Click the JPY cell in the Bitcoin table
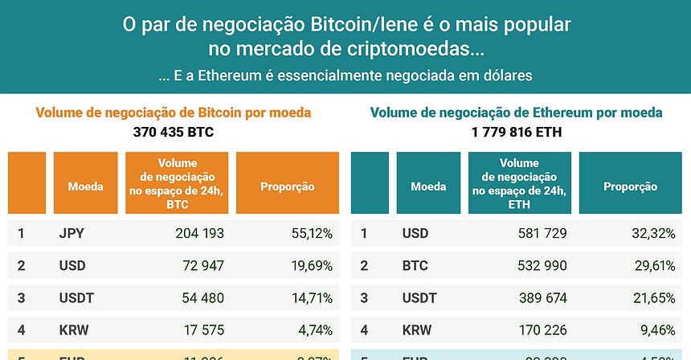pyautogui.click(x=72, y=234)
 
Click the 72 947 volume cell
pyautogui.click(x=203, y=266)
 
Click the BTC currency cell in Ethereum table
pyautogui.click(x=415, y=266)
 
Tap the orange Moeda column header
pyautogui.click(x=85, y=186)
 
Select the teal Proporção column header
pyautogui.click(x=630, y=186)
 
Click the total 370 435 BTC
pyautogui.click(x=173, y=132)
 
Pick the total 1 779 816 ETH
pyautogui.click(x=516, y=132)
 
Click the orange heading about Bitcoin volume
pyautogui.click(x=174, y=112)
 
